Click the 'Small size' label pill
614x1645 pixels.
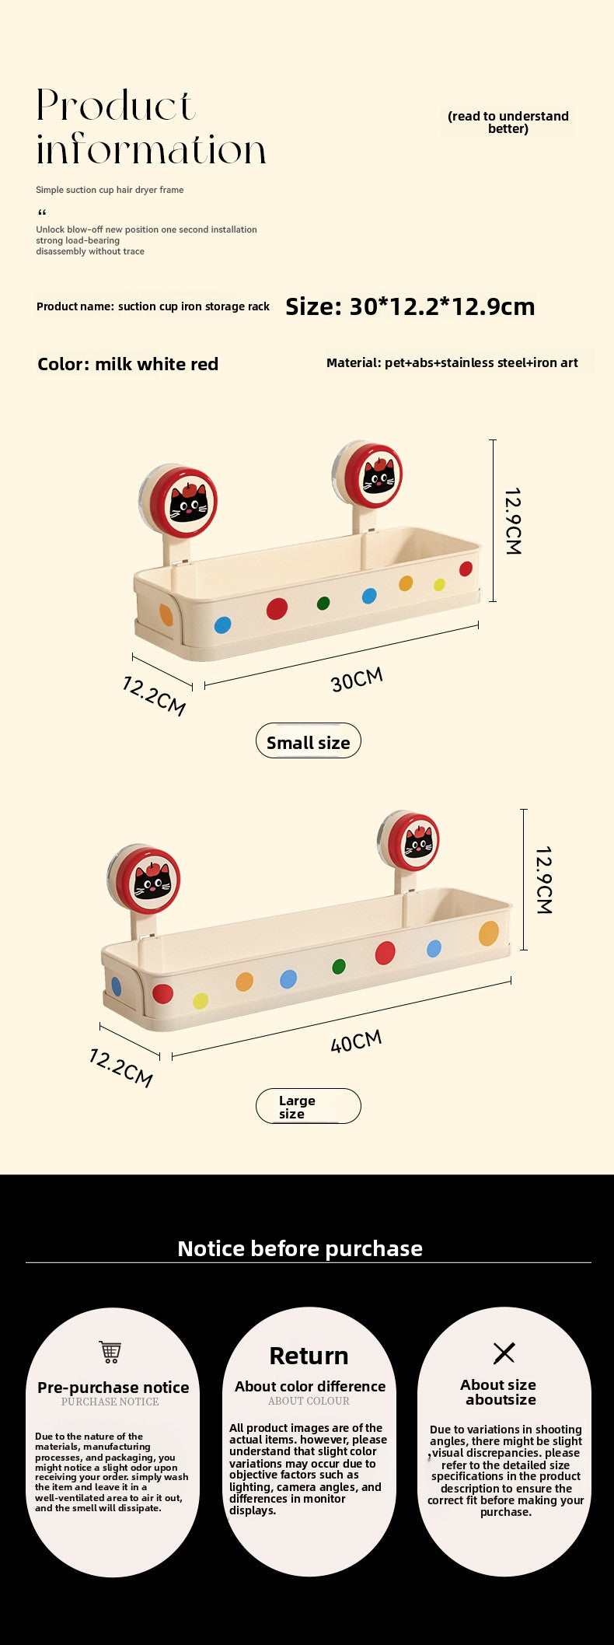coord(309,740)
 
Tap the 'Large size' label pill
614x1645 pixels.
coord(309,1106)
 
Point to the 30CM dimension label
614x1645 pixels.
coord(358,679)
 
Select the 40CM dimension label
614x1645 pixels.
coord(357,1041)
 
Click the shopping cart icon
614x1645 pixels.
coord(110,1352)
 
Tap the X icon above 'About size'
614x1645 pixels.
coord(504,1353)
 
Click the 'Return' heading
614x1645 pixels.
coord(309,1356)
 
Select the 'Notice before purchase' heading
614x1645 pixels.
coord(300,1248)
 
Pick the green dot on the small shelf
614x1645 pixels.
coord(323,603)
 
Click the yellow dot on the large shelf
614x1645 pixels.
coord(201,1000)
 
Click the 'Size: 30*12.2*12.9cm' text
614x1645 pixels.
coord(410,306)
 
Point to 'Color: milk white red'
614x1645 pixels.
coord(128,364)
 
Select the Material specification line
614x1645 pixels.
coord(452,362)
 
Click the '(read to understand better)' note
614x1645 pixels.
coord(508,122)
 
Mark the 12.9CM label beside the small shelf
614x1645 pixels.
coord(513,521)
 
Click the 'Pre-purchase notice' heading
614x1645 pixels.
coord(113,1388)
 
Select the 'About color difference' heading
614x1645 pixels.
coord(310,1386)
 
